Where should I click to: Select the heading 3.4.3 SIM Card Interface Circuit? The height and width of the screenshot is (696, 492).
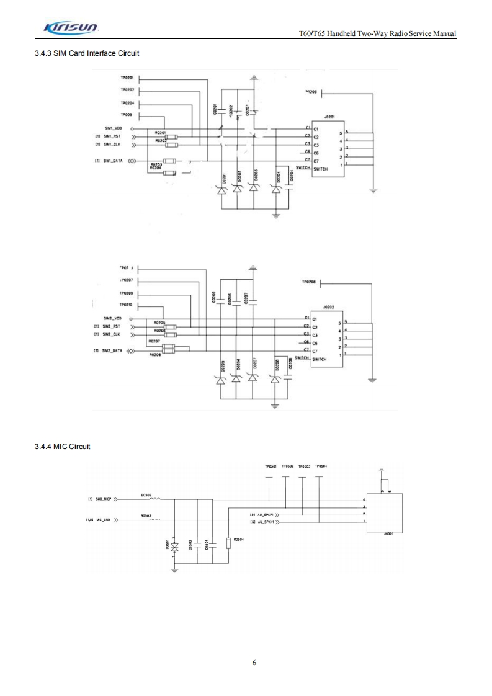pyautogui.click(x=87, y=53)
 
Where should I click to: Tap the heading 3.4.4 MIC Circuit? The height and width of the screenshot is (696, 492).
pyautogui.click(x=63, y=447)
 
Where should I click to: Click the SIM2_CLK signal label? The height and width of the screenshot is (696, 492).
pyautogui.click(x=111, y=334)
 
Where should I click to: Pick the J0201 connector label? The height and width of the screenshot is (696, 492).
pyautogui.click(x=329, y=116)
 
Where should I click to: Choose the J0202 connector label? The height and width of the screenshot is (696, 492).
pyautogui.click(x=329, y=306)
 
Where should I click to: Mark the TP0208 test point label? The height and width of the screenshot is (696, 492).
pyautogui.click(x=309, y=282)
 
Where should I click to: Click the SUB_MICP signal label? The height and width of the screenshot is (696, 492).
pyautogui.click(x=103, y=498)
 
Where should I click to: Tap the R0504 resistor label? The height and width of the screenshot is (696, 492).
pyautogui.click(x=238, y=540)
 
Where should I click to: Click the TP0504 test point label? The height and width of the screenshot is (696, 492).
pyautogui.click(x=321, y=466)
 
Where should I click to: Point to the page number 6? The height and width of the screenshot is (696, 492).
pyautogui.click(x=254, y=662)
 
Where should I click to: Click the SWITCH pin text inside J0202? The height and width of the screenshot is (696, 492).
pyautogui.click(x=320, y=359)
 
